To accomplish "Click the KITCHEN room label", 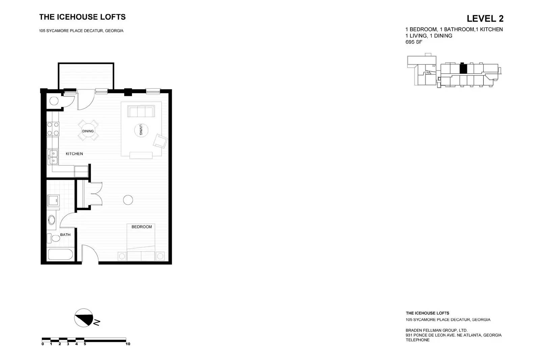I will pyautogui.click(x=74, y=154).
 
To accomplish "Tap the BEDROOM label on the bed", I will pyautogui.click(x=141, y=227).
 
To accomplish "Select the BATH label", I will pyautogui.click(x=65, y=234).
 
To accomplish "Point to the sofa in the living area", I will pyautogui.click(x=141, y=111).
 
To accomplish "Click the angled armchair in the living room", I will pyautogui.click(x=160, y=141).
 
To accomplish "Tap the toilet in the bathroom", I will pyautogui.click(x=54, y=238).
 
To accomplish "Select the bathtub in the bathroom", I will pyautogui.click(x=61, y=255).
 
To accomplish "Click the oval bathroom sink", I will pyautogui.click(x=52, y=220).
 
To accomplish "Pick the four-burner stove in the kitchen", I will pyautogui.click(x=53, y=129).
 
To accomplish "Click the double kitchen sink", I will pyautogui.click(x=53, y=158).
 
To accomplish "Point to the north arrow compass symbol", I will pyautogui.click(x=84, y=317).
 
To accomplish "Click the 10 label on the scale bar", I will pyautogui.click(x=128, y=344).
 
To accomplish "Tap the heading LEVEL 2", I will pyautogui.click(x=485, y=19).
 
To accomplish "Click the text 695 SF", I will pyautogui.click(x=414, y=42).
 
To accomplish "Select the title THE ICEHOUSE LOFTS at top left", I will pyautogui.click(x=82, y=17).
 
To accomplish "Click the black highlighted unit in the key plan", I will pyautogui.click(x=463, y=69).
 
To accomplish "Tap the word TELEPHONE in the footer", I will pyautogui.click(x=417, y=340).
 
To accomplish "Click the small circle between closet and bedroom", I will pyautogui.click(x=128, y=200).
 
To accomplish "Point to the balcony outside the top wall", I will pyautogui.click(x=86, y=76).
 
